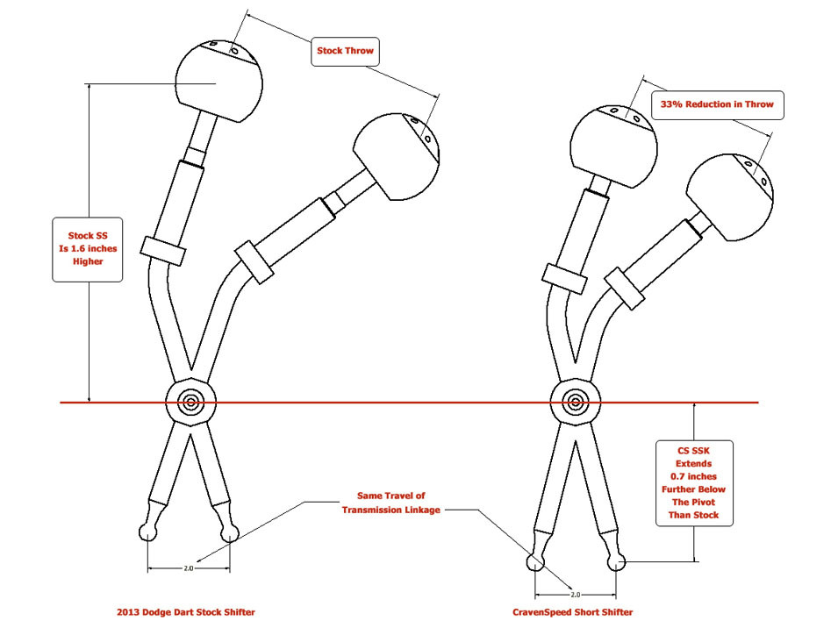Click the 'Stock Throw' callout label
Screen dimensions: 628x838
click(x=345, y=51)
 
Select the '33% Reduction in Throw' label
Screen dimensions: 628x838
click(x=716, y=104)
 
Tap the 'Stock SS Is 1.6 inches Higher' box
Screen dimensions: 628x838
click(x=87, y=249)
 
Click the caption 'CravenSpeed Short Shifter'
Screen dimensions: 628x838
click(x=572, y=611)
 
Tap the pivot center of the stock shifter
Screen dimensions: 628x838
click(x=190, y=403)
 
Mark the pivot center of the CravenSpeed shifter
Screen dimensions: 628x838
click(x=575, y=403)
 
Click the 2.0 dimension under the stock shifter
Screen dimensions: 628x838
click(x=188, y=568)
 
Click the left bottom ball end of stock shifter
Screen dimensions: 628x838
click(x=147, y=531)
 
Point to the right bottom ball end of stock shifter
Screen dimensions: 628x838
click(x=231, y=531)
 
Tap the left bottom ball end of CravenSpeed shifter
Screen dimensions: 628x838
click(x=534, y=561)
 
